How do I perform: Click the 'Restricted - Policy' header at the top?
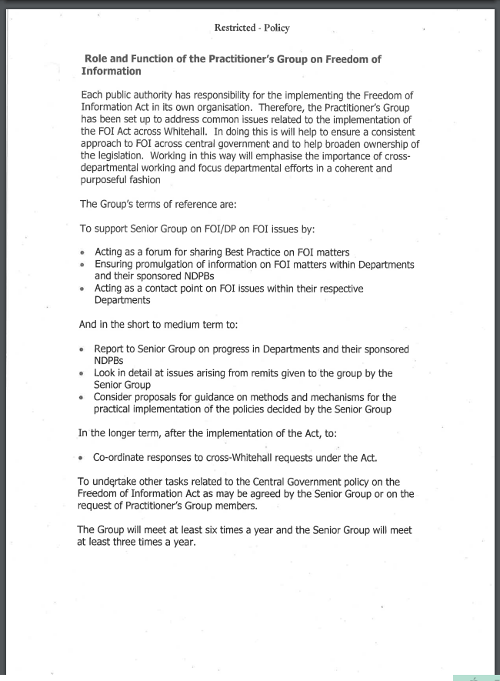[252, 28]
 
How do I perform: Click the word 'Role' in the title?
[97, 58]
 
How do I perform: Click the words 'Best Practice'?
[252, 252]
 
